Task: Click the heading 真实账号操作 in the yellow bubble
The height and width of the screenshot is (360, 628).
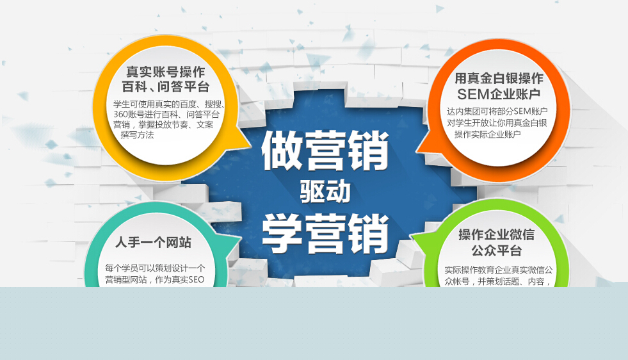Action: (x=165, y=72)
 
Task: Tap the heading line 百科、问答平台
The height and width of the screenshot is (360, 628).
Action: (x=165, y=86)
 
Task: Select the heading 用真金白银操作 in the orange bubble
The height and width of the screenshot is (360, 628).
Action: (x=499, y=78)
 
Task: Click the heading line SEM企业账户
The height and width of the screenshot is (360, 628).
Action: (x=499, y=94)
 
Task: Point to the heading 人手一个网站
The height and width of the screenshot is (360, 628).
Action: (x=154, y=242)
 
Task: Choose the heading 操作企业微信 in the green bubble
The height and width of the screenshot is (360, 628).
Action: (x=497, y=234)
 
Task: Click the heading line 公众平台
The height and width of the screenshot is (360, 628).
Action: (x=497, y=250)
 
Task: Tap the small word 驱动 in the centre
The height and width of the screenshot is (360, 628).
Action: (x=325, y=192)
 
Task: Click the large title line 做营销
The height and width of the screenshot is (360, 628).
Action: (x=325, y=151)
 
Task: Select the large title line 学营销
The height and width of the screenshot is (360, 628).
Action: (x=325, y=233)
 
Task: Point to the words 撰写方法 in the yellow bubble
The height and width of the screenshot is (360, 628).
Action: (x=138, y=135)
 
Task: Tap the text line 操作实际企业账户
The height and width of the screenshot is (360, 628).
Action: (x=487, y=135)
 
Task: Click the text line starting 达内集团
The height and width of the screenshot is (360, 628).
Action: (x=497, y=111)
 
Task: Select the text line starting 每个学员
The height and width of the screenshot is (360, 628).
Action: (x=155, y=268)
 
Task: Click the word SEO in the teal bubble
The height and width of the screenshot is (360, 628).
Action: (x=197, y=280)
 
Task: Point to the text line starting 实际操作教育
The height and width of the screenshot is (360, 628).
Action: (x=499, y=270)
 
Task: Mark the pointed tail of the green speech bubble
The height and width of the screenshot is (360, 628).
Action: (x=412, y=236)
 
